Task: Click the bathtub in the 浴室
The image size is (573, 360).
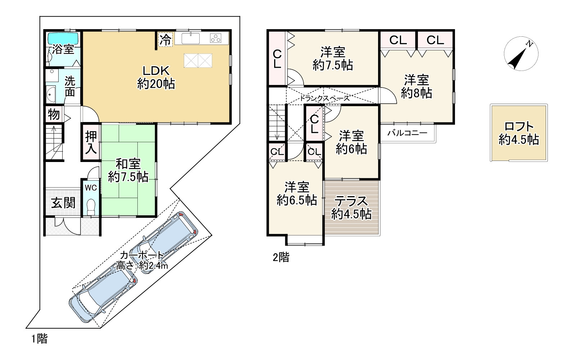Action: pyautogui.click(x=63, y=39)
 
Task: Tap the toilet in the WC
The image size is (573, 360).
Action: pyautogui.click(x=91, y=207)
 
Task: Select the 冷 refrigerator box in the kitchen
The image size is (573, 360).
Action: pyautogui.click(x=165, y=40)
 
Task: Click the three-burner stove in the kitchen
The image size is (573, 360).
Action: pyautogui.click(x=216, y=39)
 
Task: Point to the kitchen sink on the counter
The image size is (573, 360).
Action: pyautogui.click(x=191, y=39)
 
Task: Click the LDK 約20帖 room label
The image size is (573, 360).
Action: pyautogui.click(x=156, y=77)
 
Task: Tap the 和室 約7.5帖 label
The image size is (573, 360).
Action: pyautogui.click(x=128, y=170)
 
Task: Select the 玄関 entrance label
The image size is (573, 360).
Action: pyautogui.click(x=63, y=203)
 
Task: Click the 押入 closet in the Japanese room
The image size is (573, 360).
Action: pyautogui.click(x=91, y=143)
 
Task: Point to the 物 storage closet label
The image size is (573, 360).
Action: pyautogui.click(x=54, y=114)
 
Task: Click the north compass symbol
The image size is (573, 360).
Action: pyautogui.click(x=521, y=54)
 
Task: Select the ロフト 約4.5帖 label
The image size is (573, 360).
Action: pyautogui.click(x=519, y=133)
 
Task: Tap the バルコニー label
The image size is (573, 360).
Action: pyautogui.click(x=407, y=133)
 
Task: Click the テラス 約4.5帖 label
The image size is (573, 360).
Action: pyautogui.click(x=351, y=208)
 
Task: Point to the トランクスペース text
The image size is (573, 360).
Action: pyautogui.click(x=324, y=98)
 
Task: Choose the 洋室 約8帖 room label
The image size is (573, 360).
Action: pyautogui.click(x=417, y=86)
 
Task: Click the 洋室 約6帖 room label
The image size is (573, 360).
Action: pyautogui.click(x=351, y=142)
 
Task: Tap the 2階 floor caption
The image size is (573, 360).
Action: pyautogui.click(x=281, y=257)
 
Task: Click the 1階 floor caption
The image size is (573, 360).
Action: pyautogui.click(x=40, y=339)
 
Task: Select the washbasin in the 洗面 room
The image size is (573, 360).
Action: pyautogui.click(x=51, y=94)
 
